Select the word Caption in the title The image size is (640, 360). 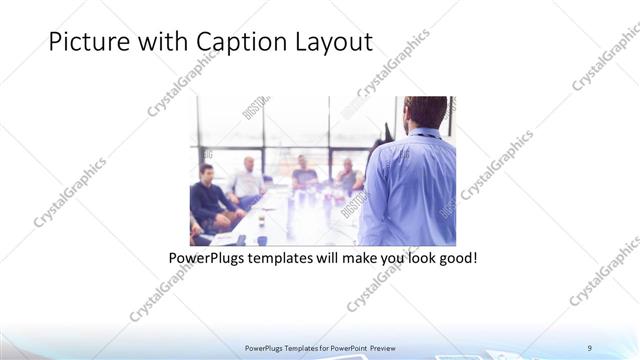coord(237,43)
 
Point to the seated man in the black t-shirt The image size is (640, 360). coord(305,174)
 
